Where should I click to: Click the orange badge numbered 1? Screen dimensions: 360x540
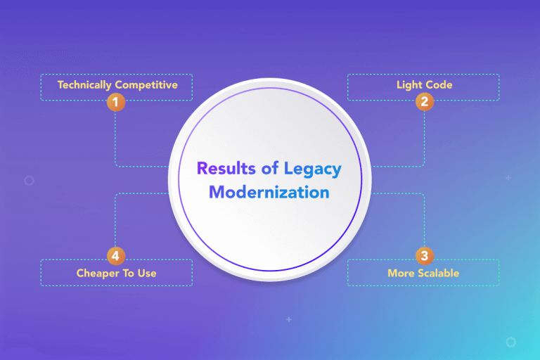[x=116, y=102]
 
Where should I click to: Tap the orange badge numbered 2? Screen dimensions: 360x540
[x=423, y=102]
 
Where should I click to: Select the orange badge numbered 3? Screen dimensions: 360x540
[x=423, y=255]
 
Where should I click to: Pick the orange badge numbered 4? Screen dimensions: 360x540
[x=116, y=255]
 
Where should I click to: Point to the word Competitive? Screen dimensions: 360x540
[x=148, y=85]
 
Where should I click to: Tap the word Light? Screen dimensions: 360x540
[x=409, y=85]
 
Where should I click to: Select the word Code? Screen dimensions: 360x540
[x=439, y=85]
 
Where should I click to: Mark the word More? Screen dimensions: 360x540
[x=400, y=273]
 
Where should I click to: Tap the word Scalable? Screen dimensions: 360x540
[x=437, y=273]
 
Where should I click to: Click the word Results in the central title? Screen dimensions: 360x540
[x=222, y=169]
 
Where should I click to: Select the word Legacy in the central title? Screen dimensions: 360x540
[x=313, y=169]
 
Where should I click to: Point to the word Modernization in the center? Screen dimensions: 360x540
[x=269, y=192]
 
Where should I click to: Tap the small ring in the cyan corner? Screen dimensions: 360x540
[x=510, y=342]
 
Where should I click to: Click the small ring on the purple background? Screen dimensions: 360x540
[x=29, y=181]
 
